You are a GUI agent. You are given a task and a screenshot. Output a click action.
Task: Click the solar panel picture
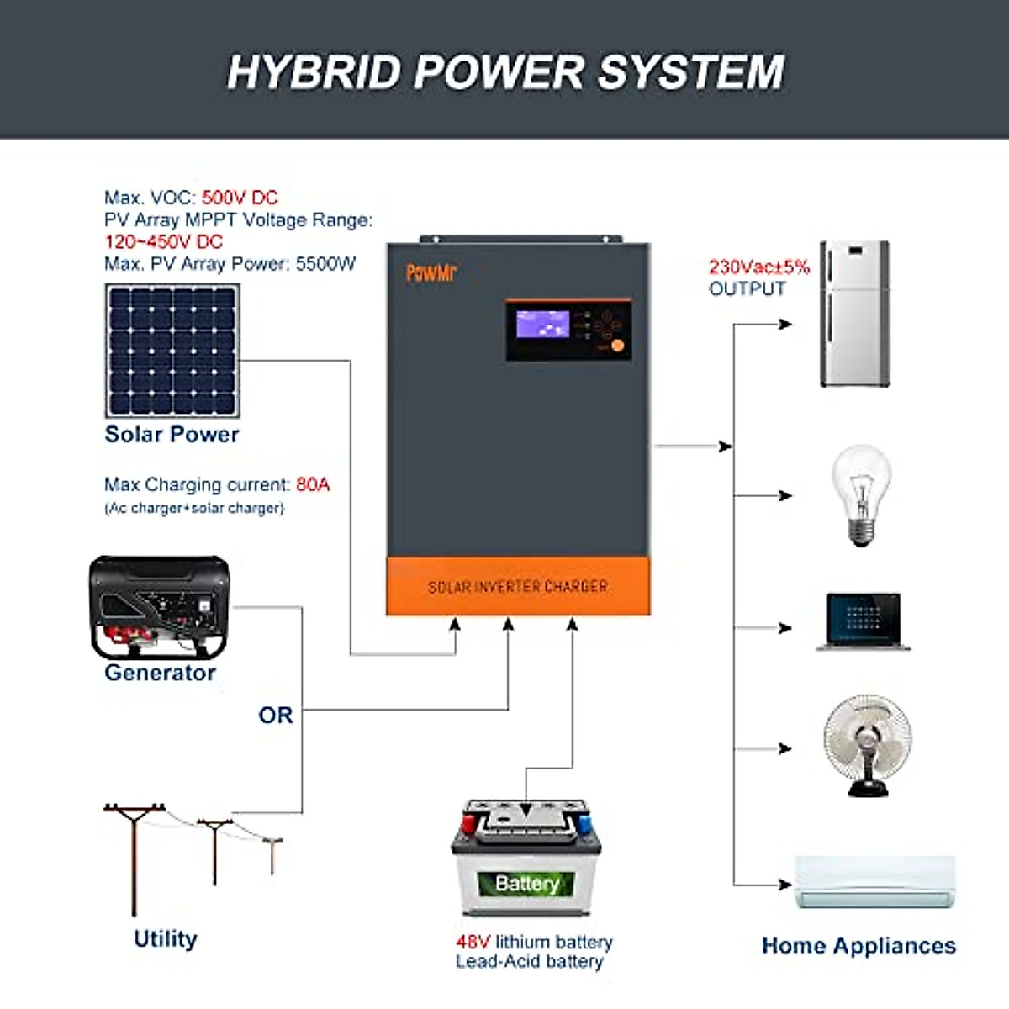172,351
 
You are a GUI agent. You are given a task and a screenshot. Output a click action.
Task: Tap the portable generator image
159,608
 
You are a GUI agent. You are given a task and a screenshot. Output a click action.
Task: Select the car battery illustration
526,858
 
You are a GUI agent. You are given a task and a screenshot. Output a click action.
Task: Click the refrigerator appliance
854,314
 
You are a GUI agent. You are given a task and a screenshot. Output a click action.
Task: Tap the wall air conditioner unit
875,883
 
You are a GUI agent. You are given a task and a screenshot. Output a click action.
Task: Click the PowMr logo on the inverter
431,272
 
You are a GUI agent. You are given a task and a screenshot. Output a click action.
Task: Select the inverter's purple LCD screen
542,325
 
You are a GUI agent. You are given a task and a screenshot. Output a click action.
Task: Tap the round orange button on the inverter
617,346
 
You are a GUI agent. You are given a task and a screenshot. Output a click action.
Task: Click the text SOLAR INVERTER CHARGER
518,587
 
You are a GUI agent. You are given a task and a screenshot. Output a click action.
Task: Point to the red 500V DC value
240,198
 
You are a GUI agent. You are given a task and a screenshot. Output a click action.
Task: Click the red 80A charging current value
313,485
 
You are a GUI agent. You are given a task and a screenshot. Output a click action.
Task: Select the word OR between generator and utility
276,716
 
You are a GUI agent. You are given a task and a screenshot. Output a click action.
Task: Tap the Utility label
166,939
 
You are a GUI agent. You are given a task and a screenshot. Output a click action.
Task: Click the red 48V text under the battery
473,942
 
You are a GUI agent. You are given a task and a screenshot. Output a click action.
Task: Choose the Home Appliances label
858,946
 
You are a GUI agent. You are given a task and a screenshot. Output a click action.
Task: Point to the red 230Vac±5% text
758,267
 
